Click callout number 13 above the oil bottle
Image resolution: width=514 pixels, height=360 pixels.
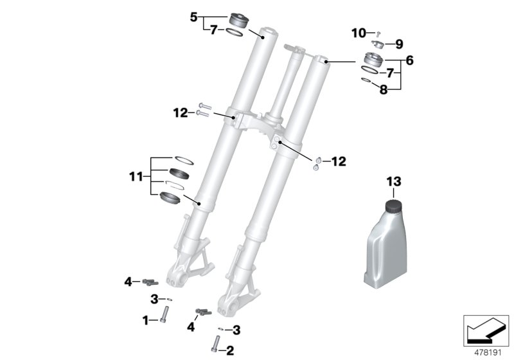(x=393, y=182)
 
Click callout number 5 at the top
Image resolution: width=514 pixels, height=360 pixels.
(x=194, y=17)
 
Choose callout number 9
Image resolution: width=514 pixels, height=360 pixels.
(x=399, y=44)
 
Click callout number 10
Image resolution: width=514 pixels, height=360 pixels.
(x=358, y=32)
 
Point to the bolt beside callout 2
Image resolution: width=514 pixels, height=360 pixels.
(x=213, y=346)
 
